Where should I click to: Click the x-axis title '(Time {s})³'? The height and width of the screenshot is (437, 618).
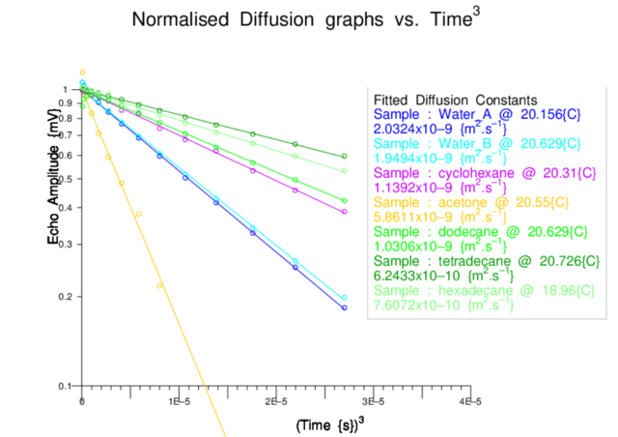(328, 422)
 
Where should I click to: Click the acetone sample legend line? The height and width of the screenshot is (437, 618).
(473, 204)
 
